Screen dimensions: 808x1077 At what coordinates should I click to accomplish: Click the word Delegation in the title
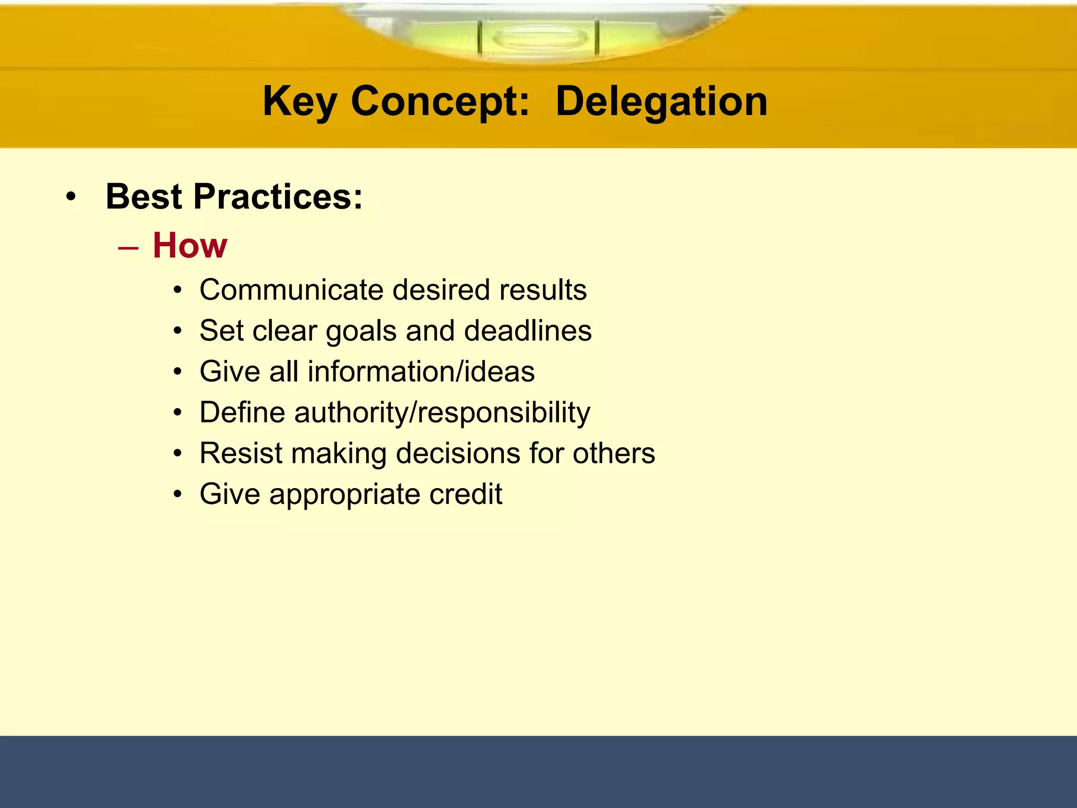click(661, 102)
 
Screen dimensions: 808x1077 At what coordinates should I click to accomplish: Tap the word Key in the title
click(299, 102)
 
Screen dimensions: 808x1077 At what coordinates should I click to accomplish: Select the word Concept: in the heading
click(440, 102)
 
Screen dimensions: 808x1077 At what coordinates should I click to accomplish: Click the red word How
click(190, 246)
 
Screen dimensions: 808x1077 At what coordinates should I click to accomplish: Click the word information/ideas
click(421, 371)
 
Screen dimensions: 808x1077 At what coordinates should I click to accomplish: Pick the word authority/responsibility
click(442, 412)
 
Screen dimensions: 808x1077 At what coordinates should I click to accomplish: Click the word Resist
click(240, 453)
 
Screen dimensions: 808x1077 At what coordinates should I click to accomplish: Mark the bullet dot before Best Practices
click(71, 198)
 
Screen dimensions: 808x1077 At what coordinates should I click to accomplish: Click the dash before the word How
click(128, 248)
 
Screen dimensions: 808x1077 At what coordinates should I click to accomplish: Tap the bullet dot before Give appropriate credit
click(178, 495)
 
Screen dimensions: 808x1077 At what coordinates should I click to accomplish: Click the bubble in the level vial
click(540, 38)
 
